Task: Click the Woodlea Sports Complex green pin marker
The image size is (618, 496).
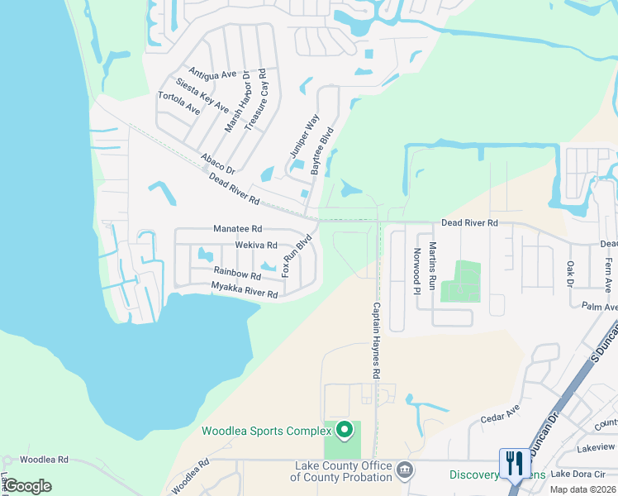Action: [346, 430]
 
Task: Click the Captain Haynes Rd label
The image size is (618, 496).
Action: [376, 341]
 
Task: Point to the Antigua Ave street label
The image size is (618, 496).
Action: [212, 74]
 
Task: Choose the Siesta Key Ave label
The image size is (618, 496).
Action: [202, 95]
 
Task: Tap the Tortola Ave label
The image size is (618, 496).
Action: [178, 103]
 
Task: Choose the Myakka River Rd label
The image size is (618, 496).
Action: [244, 289]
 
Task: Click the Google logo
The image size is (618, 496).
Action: [28, 485]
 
